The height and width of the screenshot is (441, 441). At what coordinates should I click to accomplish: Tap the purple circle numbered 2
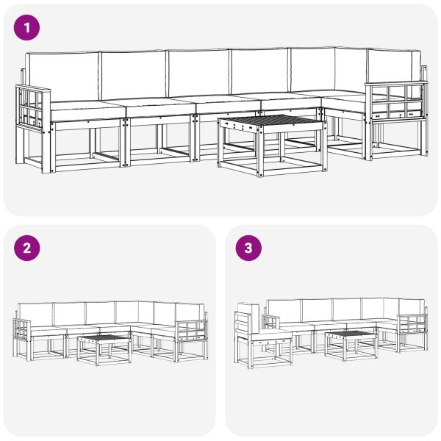pos(28,248)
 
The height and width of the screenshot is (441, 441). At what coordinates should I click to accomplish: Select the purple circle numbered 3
pos(248,248)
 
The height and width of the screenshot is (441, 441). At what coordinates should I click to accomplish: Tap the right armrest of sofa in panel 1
pos(398,102)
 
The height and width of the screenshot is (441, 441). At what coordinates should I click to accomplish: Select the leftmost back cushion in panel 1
pos(62,76)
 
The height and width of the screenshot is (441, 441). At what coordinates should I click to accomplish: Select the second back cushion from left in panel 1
pos(133,75)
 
